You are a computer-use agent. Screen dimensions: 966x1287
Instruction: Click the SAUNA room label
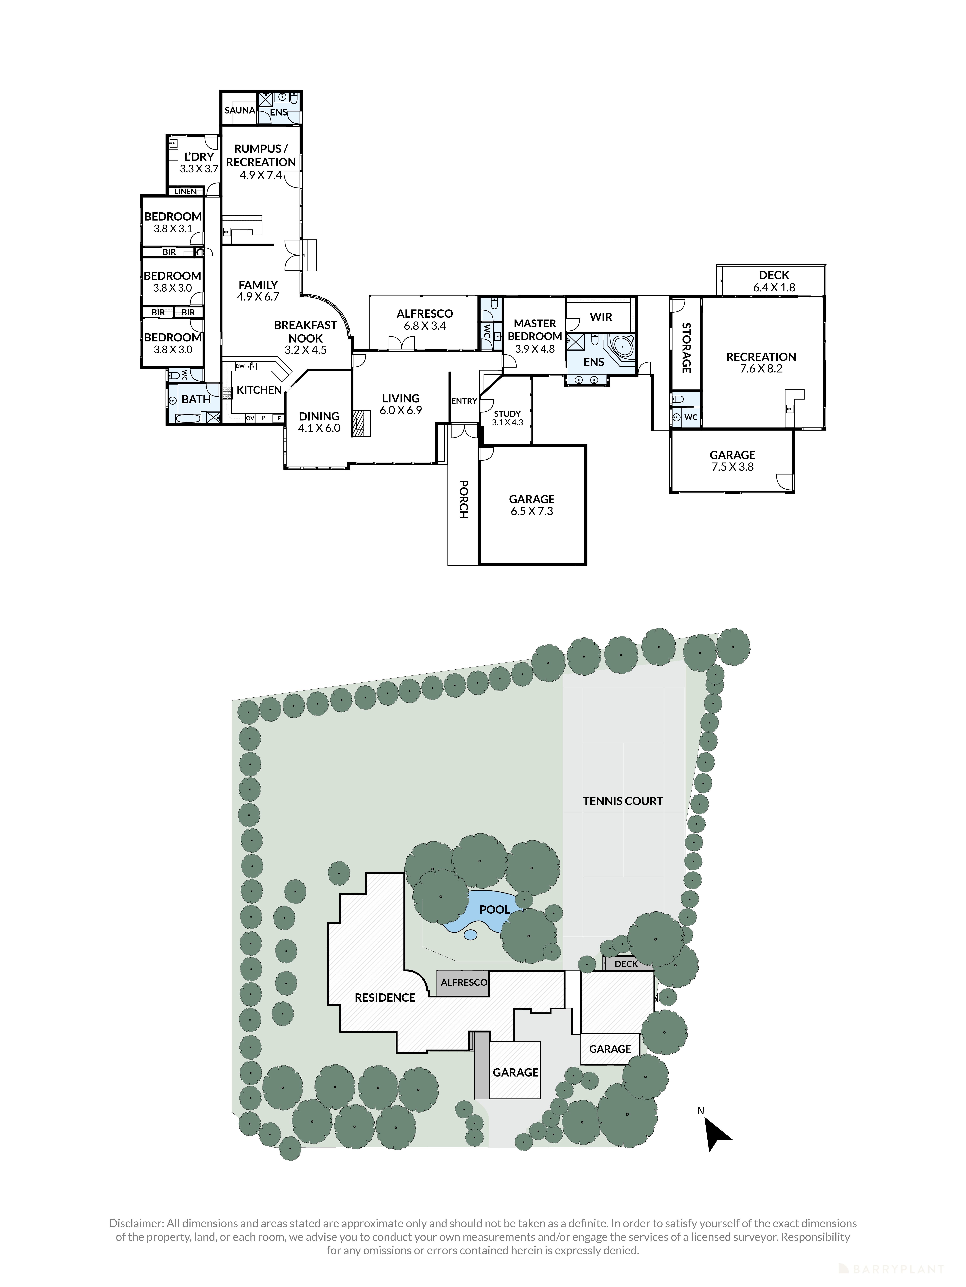point(239,110)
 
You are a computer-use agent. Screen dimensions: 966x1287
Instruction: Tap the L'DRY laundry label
point(199,156)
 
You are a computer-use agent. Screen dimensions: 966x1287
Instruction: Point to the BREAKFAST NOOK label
point(306,332)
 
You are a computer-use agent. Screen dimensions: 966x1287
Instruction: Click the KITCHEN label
point(259,390)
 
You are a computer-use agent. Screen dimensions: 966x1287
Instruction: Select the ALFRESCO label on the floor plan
point(424,314)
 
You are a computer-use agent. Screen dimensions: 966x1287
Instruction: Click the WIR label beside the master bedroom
point(601,317)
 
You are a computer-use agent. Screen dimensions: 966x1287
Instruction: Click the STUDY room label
point(507,414)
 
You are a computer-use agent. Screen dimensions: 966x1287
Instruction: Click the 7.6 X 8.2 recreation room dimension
point(761,368)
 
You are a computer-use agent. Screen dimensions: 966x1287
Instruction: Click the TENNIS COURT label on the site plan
point(622,801)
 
